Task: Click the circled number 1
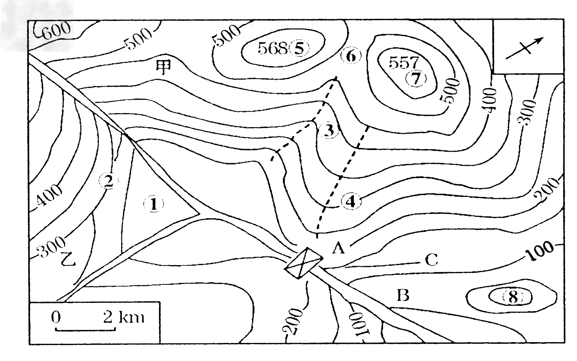[154, 205]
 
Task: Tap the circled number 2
[109, 181]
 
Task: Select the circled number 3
[329, 130]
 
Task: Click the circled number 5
[299, 48]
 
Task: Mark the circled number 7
[416, 78]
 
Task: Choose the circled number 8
[513, 298]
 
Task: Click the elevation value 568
[272, 48]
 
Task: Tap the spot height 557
[403, 63]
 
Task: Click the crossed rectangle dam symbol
[303, 263]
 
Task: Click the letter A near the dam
[338, 248]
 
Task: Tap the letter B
[403, 295]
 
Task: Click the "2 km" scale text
[124, 317]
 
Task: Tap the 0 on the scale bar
[56, 317]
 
